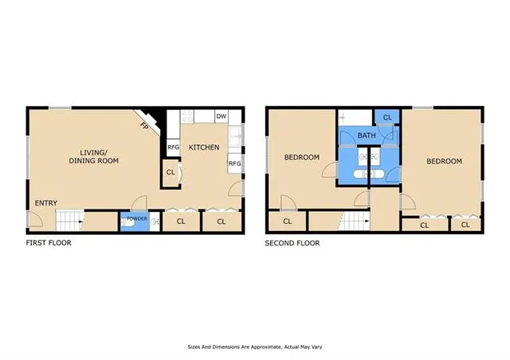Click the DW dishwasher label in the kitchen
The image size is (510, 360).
[221, 117]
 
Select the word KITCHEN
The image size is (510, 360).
[203, 147]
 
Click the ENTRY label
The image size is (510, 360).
[45, 203]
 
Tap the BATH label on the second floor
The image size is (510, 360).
[366, 136]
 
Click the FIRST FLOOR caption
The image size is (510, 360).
[49, 243]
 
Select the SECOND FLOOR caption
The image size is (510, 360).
[292, 243]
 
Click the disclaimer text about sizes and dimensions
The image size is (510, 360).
[254, 346]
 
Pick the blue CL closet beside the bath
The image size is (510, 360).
[387, 118]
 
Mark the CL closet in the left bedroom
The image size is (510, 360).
[287, 221]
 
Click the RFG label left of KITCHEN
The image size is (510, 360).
[173, 147]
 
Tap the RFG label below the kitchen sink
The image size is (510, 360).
[234, 163]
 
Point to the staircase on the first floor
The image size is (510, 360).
[72, 220]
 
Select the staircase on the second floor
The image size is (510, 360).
[354, 220]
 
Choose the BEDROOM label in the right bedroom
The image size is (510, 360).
[444, 162]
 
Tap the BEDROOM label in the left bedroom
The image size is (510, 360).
[302, 157]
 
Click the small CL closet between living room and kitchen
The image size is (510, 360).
[171, 173]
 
